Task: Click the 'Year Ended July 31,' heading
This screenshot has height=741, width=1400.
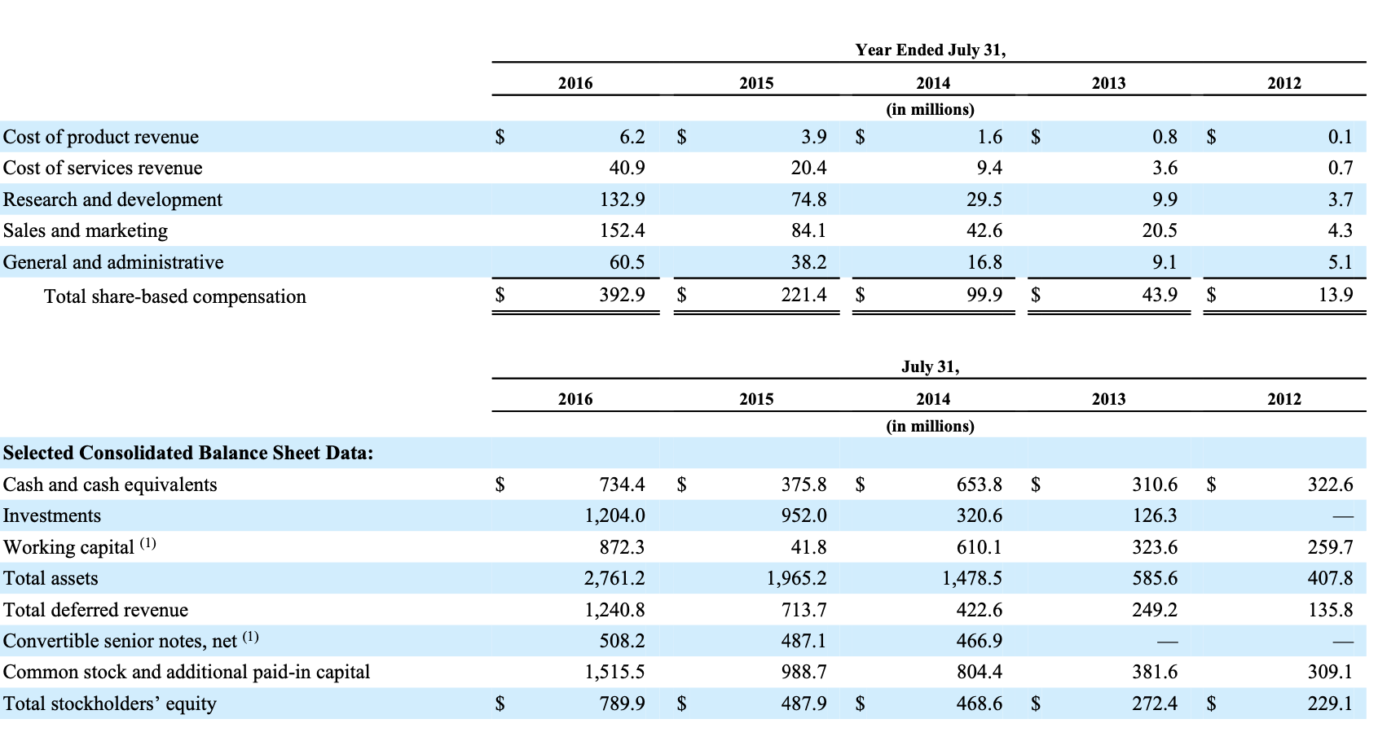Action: pyautogui.click(x=930, y=50)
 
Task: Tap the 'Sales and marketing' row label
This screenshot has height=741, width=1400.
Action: pyautogui.click(x=86, y=230)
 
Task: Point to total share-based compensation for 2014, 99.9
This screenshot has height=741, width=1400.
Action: pyautogui.click(x=984, y=295)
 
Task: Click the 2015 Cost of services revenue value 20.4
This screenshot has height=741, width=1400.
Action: pyautogui.click(x=808, y=168)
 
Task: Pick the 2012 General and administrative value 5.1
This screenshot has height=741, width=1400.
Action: pyautogui.click(x=1340, y=262)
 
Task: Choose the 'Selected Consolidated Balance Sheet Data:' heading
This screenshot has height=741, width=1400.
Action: pyautogui.click(x=188, y=453)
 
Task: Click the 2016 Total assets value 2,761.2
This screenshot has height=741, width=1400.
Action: pyautogui.click(x=614, y=578)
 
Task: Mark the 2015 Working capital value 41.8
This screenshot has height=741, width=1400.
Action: pyautogui.click(x=808, y=547)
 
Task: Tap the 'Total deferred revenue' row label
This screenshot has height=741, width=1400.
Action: pyautogui.click(x=95, y=610)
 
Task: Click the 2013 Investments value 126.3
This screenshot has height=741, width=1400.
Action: pyautogui.click(x=1155, y=515)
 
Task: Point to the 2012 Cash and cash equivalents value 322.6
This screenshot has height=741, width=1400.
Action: pyautogui.click(x=1330, y=484)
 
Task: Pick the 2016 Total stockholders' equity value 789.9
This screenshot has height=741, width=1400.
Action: pyautogui.click(x=622, y=704)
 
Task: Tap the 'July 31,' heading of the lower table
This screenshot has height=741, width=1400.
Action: pyautogui.click(x=930, y=366)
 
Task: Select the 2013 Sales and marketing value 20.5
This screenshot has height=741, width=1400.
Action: pyautogui.click(x=1160, y=230)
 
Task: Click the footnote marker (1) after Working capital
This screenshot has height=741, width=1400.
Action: pyautogui.click(x=147, y=543)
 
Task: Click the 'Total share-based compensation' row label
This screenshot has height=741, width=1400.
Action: pyautogui.click(x=175, y=296)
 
